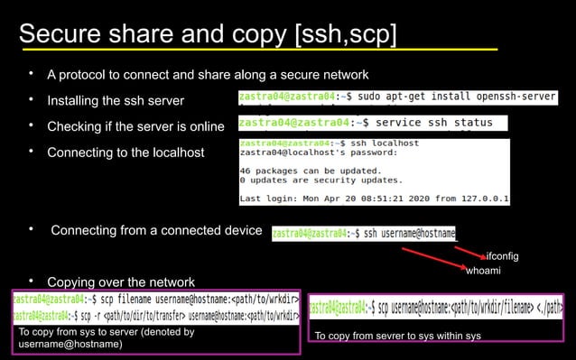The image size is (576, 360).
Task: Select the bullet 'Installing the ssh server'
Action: click(x=115, y=100)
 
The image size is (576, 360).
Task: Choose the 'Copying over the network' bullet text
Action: click(x=120, y=281)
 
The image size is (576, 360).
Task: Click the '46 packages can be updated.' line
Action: click(x=306, y=170)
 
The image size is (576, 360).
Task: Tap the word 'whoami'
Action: click(x=483, y=271)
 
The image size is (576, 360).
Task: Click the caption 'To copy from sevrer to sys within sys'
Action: click(x=397, y=337)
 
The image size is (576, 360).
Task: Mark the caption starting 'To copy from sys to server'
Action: click(x=107, y=337)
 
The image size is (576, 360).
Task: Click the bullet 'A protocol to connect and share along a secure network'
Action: click(x=208, y=74)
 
